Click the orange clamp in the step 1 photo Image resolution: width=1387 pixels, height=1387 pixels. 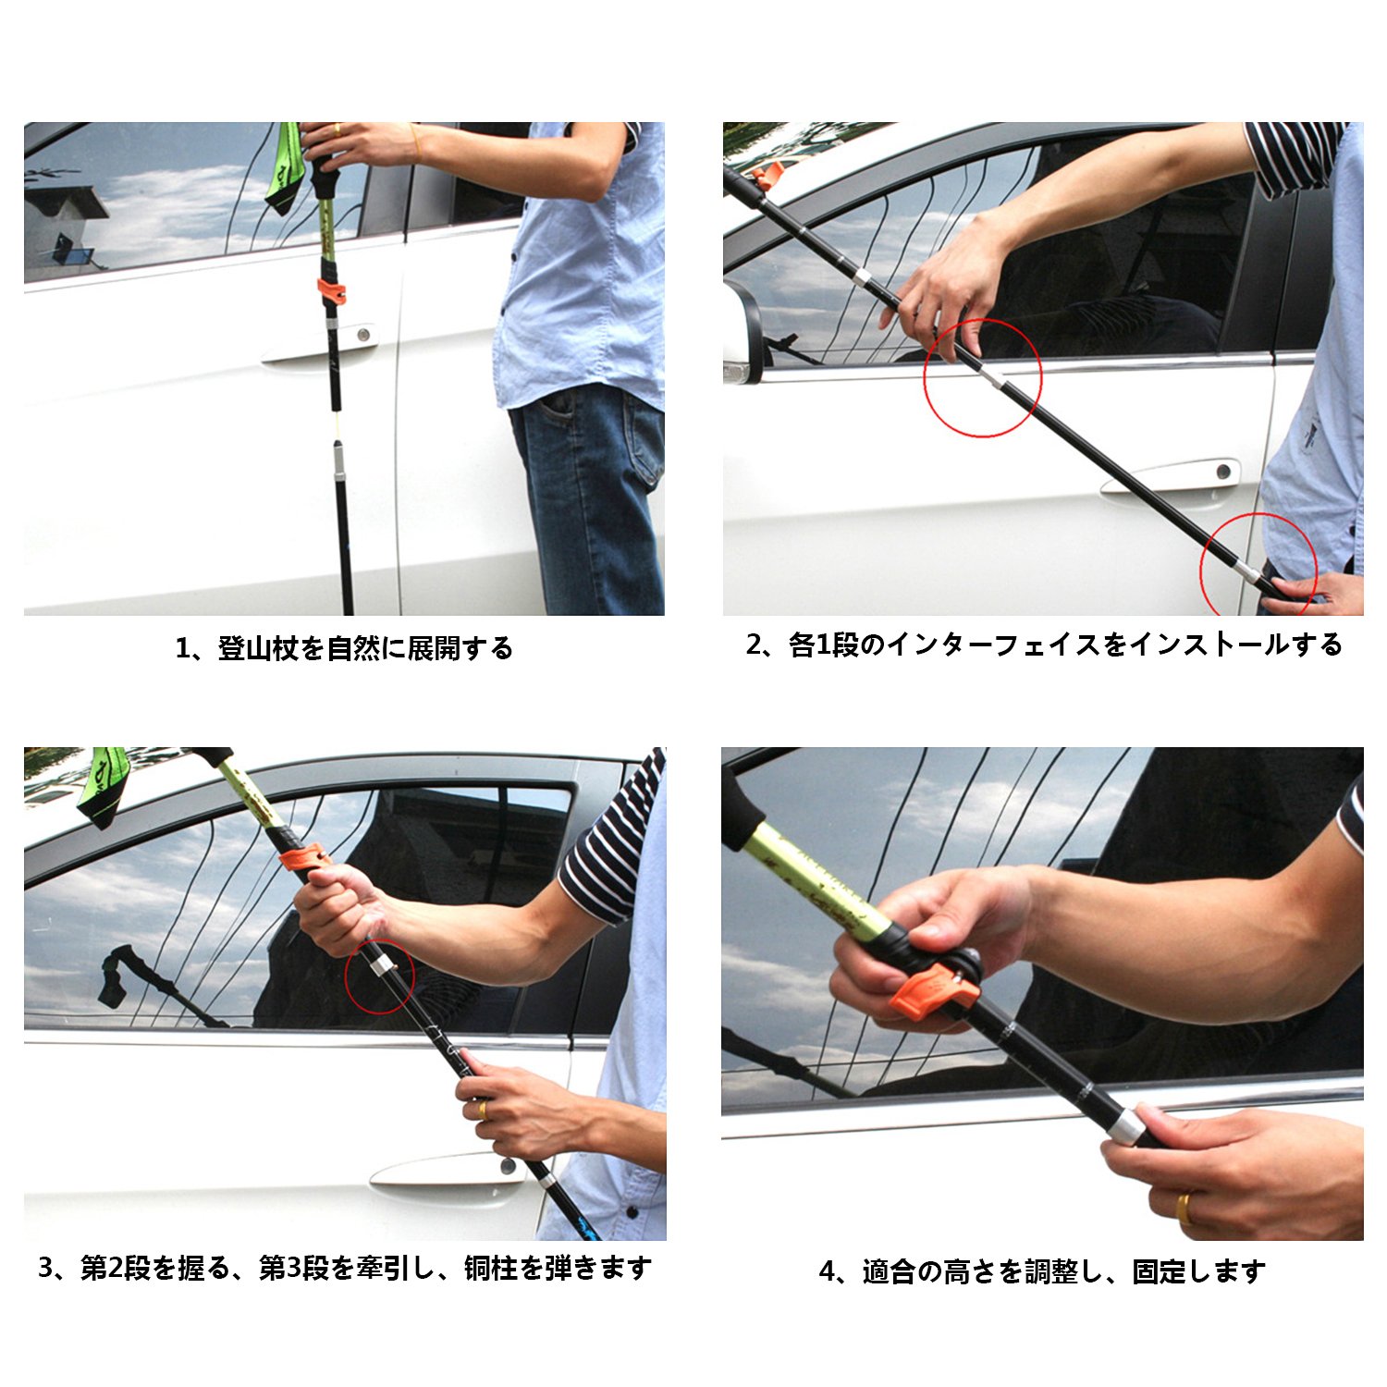pyautogui.click(x=332, y=291)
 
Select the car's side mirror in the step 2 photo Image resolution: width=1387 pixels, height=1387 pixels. pyautogui.click(x=743, y=333)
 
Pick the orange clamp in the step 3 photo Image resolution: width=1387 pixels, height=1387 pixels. pyautogui.click(x=305, y=858)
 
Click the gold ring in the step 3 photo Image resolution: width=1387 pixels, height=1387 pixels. pyautogui.click(x=482, y=1108)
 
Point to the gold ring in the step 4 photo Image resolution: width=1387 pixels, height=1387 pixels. pyautogui.click(x=1184, y=1208)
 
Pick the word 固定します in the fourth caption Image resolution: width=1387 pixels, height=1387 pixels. pyautogui.click(x=1198, y=1271)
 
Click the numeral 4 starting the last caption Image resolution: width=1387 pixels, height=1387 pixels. pyautogui.click(x=827, y=1272)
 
